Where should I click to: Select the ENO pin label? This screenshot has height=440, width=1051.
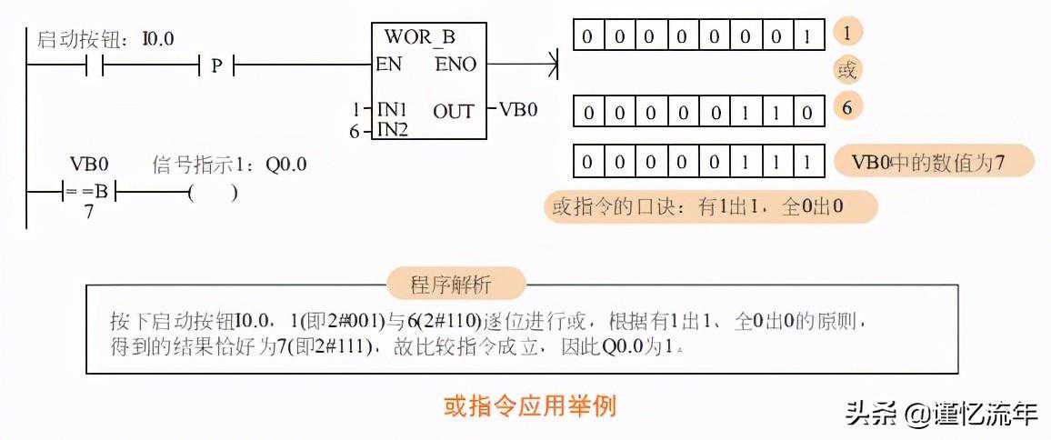455,65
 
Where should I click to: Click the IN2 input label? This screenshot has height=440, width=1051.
392,130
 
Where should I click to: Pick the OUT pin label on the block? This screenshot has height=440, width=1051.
453,111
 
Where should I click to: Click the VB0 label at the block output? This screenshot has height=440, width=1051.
518,110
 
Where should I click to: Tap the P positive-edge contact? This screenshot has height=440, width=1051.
216,66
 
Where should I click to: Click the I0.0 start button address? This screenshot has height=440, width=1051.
158,39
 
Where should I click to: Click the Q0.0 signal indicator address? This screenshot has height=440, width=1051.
285,165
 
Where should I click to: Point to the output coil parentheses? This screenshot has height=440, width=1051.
213,193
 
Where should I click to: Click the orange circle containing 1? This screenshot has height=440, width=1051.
846,35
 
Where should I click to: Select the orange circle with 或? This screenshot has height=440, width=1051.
846,70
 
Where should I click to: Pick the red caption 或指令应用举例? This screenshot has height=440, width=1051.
530,405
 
